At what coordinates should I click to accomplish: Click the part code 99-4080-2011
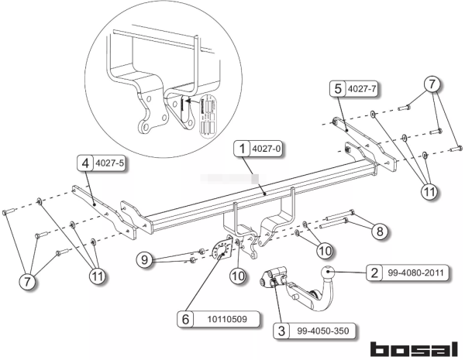[407, 272]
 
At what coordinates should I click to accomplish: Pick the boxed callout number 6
[184, 318]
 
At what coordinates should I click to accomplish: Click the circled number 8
[377, 230]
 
